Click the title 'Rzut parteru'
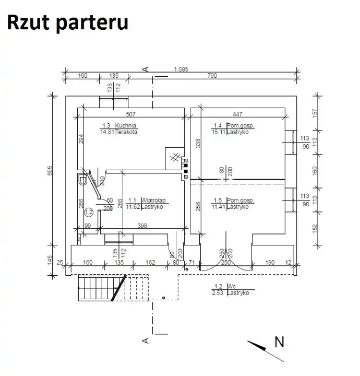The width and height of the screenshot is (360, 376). click(x=67, y=23)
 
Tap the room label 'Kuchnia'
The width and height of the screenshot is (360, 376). click(x=127, y=125)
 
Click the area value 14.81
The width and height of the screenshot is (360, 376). click(x=106, y=132)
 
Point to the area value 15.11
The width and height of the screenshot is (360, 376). click(x=218, y=132)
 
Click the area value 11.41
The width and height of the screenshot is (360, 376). click(x=218, y=207)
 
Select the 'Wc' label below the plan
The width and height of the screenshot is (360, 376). click(x=230, y=286)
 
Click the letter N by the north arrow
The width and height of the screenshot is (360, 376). click(x=280, y=342)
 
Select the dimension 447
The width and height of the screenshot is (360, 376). click(x=237, y=113)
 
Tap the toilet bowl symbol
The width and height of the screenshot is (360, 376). click(x=82, y=180)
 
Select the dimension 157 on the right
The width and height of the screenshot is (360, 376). click(x=314, y=112)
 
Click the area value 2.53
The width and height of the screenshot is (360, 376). click(x=218, y=293)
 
